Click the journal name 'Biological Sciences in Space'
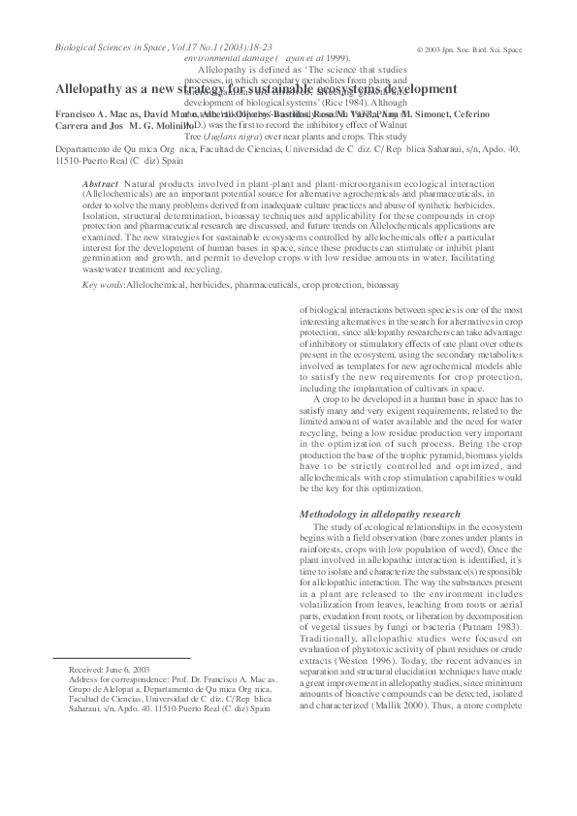click(88, 46)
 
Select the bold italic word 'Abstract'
click(101, 183)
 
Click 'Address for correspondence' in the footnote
click(108, 707)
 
